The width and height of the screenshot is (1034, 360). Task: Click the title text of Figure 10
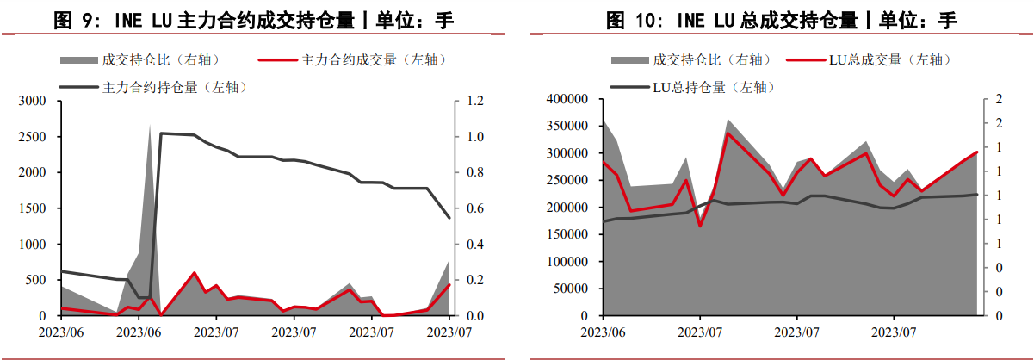pos(781,18)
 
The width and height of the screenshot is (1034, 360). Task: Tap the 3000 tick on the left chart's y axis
pos(33,101)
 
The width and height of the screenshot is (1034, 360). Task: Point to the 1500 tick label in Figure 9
pos(33,208)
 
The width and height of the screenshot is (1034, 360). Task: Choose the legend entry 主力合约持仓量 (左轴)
pos(175,87)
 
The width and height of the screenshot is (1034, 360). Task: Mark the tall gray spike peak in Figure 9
pos(151,126)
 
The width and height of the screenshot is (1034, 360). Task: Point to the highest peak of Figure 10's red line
pos(728,133)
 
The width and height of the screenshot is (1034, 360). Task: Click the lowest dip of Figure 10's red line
pos(700,226)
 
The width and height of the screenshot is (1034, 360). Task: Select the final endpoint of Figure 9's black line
pos(449,218)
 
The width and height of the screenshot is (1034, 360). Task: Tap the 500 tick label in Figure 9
pos(36,280)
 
